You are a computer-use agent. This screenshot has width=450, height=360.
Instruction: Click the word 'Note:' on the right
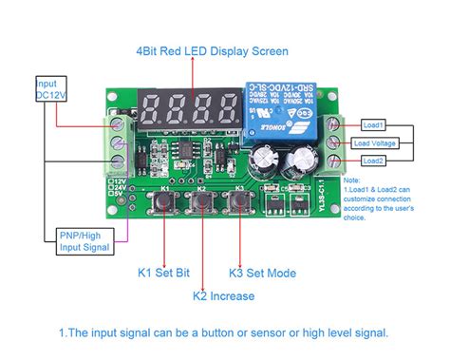coord(352,180)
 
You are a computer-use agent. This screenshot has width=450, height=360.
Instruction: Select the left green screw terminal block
coord(118,147)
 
